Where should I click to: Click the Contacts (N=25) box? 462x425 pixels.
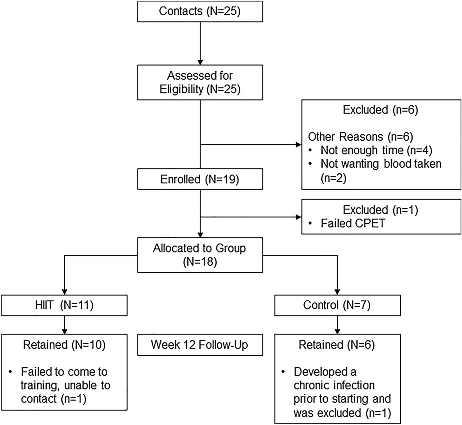click(200, 11)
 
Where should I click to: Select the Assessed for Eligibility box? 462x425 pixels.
click(200, 82)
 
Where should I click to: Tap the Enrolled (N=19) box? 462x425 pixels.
click(200, 179)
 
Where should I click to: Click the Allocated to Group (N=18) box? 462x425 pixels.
click(200, 255)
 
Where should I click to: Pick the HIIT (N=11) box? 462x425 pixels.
click(64, 305)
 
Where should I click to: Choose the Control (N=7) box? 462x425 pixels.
click(337, 305)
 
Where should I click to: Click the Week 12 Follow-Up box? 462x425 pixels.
click(200, 345)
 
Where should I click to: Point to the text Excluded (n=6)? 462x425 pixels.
click(380, 110)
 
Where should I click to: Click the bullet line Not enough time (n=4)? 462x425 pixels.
click(376, 150)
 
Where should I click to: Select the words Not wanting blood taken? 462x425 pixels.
click(380, 164)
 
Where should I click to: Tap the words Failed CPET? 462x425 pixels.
click(353, 223)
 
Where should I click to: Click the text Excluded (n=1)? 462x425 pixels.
click(380, 210)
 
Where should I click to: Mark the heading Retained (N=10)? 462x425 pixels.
click(64, 345)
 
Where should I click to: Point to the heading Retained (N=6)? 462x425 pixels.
click(337, 345)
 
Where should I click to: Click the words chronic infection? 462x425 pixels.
click(334, 386)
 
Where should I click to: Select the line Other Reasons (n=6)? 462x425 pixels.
click(360, 137)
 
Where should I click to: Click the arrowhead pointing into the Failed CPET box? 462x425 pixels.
click(299, 217)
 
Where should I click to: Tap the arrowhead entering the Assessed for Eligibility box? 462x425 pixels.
click(200, 62)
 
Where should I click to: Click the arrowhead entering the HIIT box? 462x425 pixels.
click(65, 292)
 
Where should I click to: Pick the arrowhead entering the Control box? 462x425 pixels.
click(337, 292)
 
